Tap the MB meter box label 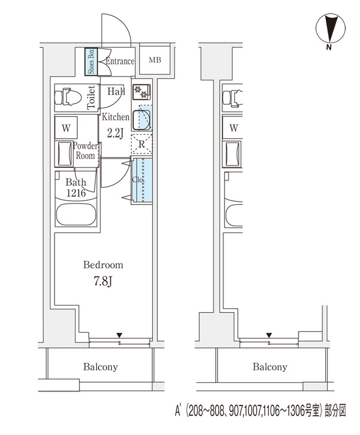pyautogui.click(x=155, y=60)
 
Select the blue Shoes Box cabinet pyautogui.click(x=91, y=62)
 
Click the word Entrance pyautogui.click(x=120, y=61)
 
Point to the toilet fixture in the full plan pyautogui.click(x=68, y=97)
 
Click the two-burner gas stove pyautogui.click(x=141, y=92)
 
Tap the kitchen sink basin pyautogui.click(x=142, y=120)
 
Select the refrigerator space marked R pyautogui.click(x=141, y=144)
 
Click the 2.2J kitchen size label pyautogui.click(x=115, y=133)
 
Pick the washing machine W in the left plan pyautogui.click(x=66, y=128)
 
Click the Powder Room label pyautogui.click(x=85, y=151)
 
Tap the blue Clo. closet pyautogui.click(x=142, y=180)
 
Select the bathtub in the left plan pyautogui.click(x=76, y=215)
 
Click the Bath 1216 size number pyautogui.click(x=76, y=193)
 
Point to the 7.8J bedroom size pyautogui.click(x=103, y=281)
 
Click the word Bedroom pyautogui.click(x=103, y=265)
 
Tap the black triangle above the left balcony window pyautogui.click(x=120, y=335)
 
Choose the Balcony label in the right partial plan pyautogui.click(x=270, y=367)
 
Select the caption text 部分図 pyautogui.click(x=336, y=411)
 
